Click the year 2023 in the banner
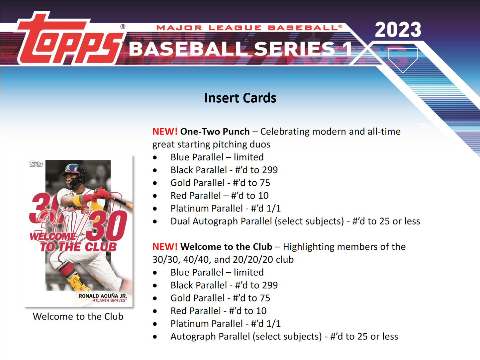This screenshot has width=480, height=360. coord(398,30)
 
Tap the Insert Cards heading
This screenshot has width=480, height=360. coord(240,98)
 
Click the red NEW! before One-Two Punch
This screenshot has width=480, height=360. coord(165,132)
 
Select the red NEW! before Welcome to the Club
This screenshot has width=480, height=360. coord(165,247)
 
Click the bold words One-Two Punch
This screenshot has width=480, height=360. coord(215,132)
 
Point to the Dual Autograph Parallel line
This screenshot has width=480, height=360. coord(295,221)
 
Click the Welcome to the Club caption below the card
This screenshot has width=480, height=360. coord(78,316)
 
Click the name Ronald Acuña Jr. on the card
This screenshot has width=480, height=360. coord(103,296)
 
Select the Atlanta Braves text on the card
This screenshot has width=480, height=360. coord(109,301)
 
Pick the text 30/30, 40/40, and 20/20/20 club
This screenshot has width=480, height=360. coord(223,259)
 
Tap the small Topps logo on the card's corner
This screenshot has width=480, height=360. coord(36,164)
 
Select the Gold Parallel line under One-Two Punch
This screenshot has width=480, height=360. coord(220,183)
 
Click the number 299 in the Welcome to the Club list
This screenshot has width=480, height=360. coord(269,285)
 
